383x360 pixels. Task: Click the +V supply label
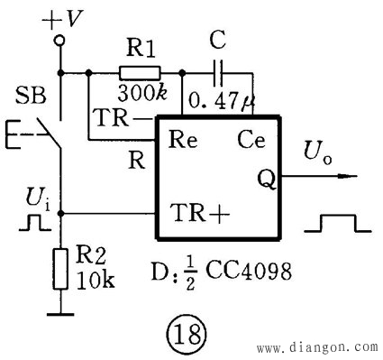pos(61,15)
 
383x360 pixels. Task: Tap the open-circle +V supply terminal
pos(60,41)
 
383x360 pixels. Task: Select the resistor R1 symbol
pos(139,73)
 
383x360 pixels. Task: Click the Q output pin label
pos(268,177)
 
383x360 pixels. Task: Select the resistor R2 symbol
pos(61,268)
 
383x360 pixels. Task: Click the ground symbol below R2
pos(60,314)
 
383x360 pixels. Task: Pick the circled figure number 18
pos(193,334)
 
